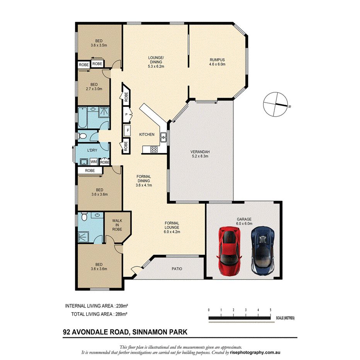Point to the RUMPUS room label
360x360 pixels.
(x=217, y=60)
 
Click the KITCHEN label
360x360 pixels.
(x=147, y=134)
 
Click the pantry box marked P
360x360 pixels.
(x=126, y=114)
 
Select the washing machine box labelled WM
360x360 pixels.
(x=93, y=162)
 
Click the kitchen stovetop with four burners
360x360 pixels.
(x=153, y=149)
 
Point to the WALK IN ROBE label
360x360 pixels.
(x=117, y=225)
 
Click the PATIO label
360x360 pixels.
(x=177, y=269)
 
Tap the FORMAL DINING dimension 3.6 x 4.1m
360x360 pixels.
(x=144, y=185)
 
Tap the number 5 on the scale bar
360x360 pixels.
(x=270, y=310)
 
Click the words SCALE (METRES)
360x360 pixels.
(x=285, y=318)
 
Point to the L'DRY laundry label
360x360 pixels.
(x=92, y=150)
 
